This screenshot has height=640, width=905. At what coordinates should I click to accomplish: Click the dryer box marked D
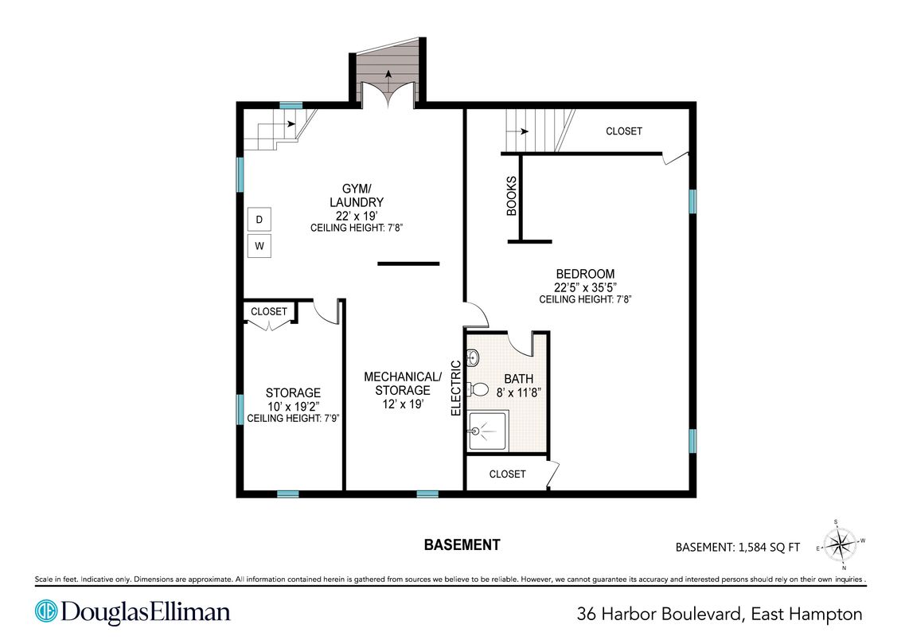[259, 219]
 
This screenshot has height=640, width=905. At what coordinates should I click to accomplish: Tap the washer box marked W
[259, 246]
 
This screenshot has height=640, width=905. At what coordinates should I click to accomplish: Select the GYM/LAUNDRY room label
[356, 195]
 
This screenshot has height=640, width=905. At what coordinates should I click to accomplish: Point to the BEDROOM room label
[585, 274]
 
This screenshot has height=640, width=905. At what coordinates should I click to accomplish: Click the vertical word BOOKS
[511, 196]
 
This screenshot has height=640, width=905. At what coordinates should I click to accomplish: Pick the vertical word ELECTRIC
[456, 388]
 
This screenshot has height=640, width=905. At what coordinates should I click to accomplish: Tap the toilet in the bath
[477, 389]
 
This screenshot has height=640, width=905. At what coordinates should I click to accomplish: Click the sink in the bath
[473, 358]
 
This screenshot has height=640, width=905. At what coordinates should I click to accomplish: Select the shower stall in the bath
[488, 431]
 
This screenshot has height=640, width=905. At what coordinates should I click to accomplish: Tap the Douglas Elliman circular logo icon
[46, 611]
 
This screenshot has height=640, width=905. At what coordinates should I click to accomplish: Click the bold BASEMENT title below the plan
[462, 544]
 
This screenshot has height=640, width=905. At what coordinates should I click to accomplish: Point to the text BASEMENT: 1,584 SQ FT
[738, 547]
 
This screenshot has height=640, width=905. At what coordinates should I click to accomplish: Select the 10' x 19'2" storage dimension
[293, 406]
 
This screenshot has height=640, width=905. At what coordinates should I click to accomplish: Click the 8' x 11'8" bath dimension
[518, 392]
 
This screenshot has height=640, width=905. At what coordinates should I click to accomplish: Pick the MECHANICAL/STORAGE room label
[402, 383]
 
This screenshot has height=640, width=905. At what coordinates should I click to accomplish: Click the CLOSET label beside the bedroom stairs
[624, 131]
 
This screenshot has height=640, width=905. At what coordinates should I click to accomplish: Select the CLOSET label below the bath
[507, 474]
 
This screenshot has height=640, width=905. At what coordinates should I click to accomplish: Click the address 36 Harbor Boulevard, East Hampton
[720, 614]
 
